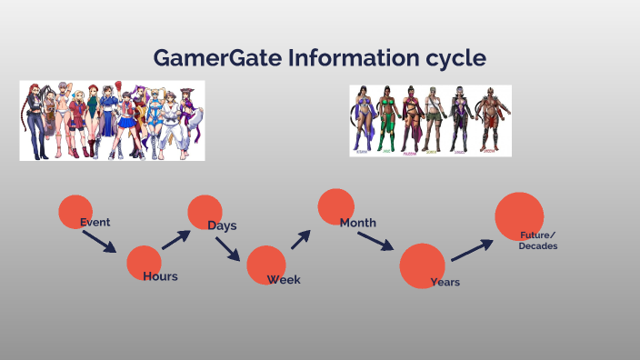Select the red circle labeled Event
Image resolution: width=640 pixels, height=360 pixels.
click(x=75, y=211)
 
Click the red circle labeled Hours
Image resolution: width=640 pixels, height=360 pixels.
click(x=144, y=262)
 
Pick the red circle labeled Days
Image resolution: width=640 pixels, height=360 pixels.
click(x=205, y=212)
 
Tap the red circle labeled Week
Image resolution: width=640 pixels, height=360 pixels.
click(x=265, y=265)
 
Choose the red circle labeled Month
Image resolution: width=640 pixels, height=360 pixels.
click(x=335, y=206)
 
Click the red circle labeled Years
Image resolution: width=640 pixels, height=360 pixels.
click(x=422, y=265)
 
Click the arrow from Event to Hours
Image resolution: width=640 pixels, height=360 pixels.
click(x=99, y=241)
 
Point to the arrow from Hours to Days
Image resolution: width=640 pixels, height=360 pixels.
click(x=176, y=239)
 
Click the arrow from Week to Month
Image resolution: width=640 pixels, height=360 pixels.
click(x=301, y=238)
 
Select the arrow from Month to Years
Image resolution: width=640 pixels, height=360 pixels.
click(x=375, y=241)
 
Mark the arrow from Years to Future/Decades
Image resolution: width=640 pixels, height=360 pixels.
click(x=472, y=249)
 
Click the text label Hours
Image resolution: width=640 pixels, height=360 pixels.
click(x=160, y=276)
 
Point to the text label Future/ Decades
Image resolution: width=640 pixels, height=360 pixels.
click(x=538, y=241)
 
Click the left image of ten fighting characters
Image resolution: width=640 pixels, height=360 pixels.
click(x=112, y=121)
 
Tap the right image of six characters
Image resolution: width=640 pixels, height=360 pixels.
click(x=430, y=121)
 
